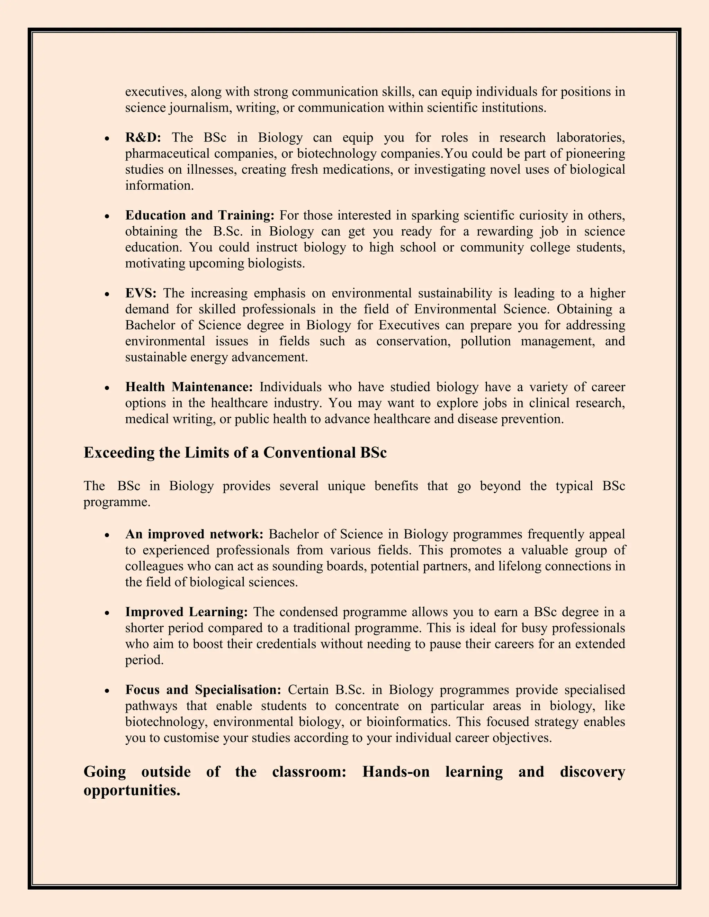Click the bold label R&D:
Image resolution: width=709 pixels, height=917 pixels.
pos(143,138)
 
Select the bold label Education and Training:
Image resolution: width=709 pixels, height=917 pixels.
pos(199,215)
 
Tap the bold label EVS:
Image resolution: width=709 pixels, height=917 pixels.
pos(141,293)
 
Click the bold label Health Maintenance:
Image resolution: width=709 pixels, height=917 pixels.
pos(189,387)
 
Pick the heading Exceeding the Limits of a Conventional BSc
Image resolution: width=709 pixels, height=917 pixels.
pos(235,453)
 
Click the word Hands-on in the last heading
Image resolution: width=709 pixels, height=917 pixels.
pos(396,772)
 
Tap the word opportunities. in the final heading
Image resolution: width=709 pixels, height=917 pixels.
pos(132,790)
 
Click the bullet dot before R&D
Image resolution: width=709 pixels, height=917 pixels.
pos(108,138)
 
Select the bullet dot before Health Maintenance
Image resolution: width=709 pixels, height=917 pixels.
pos(108,388)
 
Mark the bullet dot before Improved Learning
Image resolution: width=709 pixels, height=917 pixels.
pos(108,612)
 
